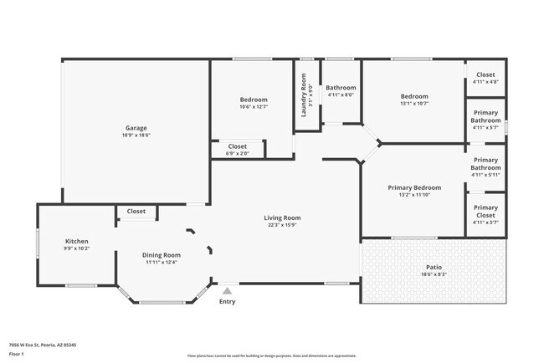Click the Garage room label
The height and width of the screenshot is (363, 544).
(136, 128)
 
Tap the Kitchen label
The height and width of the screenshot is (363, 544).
(76, 240)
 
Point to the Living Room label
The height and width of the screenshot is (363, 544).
(284, 217)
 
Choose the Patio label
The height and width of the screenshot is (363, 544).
(433, 267)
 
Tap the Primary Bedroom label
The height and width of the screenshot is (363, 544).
(414, 187)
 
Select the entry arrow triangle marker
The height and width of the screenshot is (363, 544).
(227, 289)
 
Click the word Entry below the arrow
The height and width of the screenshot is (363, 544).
(227, 301)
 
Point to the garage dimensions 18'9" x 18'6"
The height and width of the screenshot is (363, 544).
(136, 135)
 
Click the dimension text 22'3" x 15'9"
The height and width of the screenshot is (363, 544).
(284, 225)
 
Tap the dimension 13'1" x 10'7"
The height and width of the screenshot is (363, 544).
(414, 104)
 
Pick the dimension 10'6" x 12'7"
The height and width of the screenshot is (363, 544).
(254, 107)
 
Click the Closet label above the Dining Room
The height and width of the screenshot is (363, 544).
(136, 212)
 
